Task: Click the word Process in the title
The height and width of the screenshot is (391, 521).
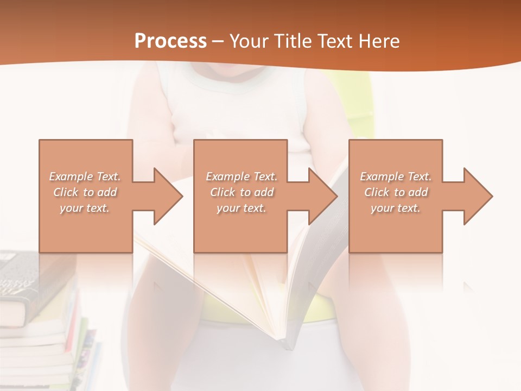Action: [170, 41]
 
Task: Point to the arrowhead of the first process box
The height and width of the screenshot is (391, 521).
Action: [168, 196]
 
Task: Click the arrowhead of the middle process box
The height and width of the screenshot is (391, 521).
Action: [323, 196]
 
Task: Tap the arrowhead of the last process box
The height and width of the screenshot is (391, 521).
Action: [478, 196]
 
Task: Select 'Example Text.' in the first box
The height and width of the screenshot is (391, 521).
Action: [85, 176]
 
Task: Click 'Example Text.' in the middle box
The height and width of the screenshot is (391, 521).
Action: [242, 176]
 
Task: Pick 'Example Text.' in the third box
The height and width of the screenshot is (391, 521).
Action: [396, 176]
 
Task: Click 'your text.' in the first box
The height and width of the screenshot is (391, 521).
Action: [85, 208]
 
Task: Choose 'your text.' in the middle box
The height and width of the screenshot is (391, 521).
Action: [242, 208]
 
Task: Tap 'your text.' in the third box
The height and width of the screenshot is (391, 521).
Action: [396, 208]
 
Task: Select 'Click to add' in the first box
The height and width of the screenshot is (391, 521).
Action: [85, 192]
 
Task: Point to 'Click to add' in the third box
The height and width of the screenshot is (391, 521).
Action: [396, 192]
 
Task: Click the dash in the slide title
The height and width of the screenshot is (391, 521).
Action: [218, 41]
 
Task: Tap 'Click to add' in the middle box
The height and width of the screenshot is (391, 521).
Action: [242, 192]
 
